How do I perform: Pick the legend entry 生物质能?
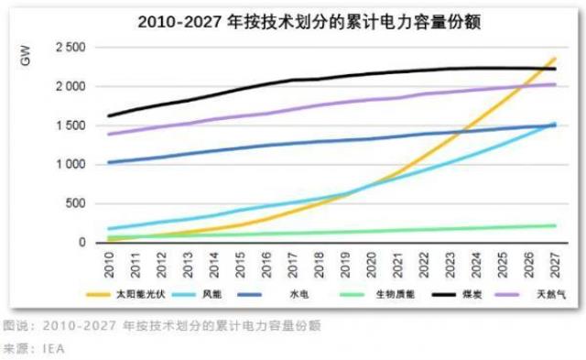[x=385, y=295]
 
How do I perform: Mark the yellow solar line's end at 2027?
[x=554, y=60]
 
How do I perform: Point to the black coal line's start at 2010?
[x=109, y=116]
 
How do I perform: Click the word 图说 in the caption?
[x=14, y=326]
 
